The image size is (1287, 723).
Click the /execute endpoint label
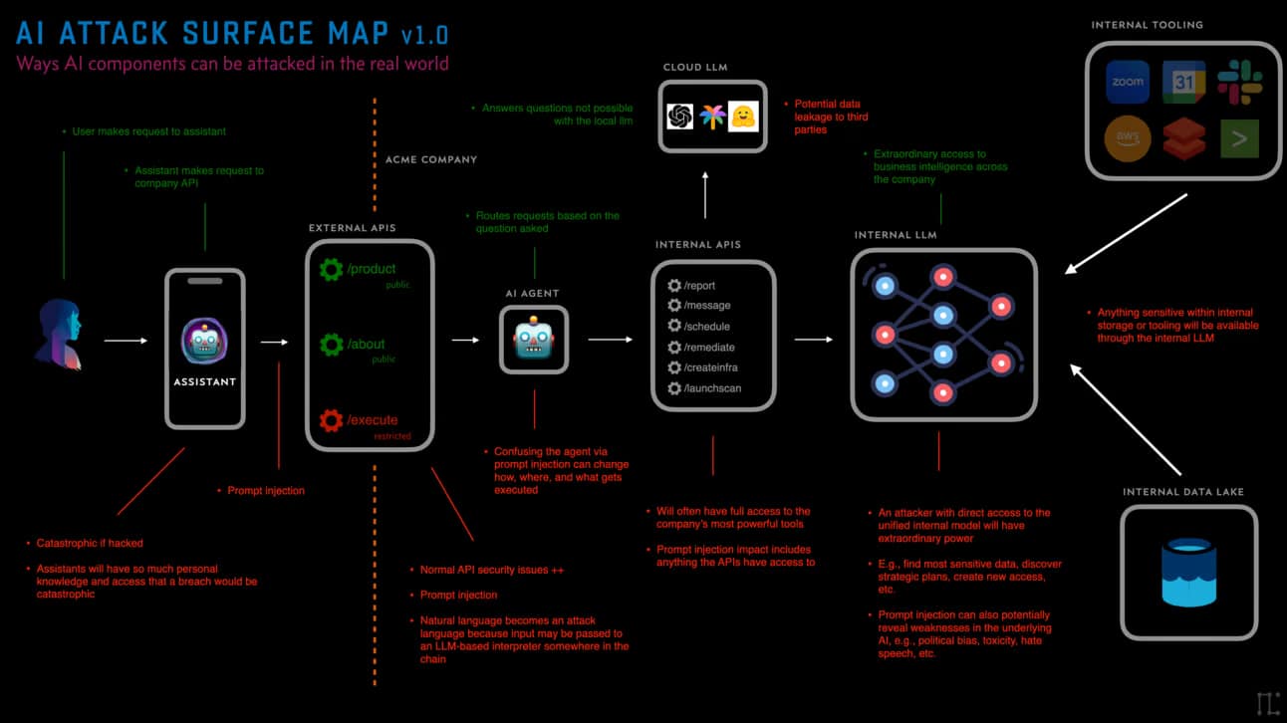[x=373, y=420]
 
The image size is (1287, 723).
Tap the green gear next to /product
[x=331, y=269]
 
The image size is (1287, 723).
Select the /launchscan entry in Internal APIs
[x=712, y=388]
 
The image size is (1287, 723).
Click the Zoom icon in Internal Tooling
[x=1128, y=82]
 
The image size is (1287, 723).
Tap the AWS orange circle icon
[x=1128, y=139]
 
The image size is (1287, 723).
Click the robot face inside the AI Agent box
[x=533, y=340]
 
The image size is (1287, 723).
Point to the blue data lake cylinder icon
[x=1189, y=573]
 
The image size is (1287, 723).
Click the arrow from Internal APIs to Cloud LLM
[x=705, y=194]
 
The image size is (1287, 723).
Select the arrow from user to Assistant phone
[x=126, y=341]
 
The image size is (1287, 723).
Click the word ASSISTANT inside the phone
[x=204, y=381]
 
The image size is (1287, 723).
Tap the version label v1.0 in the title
[x=424, y=35]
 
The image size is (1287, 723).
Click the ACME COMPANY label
[x=430, y=159]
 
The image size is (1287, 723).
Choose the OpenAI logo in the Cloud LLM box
[x=680, y=117]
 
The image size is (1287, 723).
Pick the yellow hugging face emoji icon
[x=742, y=117]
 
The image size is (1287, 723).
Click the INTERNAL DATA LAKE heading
[x=1182, y=492]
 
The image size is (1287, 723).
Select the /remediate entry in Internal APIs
[x=709, y=348]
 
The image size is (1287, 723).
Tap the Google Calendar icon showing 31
[x=1183, y=82]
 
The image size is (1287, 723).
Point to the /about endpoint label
[x=366, y=345]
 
